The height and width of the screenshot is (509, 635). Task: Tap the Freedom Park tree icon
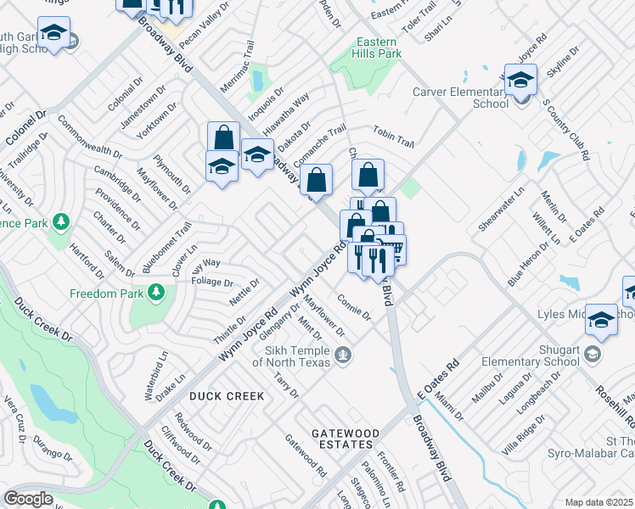tap(156, 294)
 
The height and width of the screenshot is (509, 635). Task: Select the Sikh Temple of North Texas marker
tap(343, 355)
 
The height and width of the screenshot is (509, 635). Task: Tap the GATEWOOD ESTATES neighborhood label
tap(343, 439)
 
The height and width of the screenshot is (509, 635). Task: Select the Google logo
tap(28, 499)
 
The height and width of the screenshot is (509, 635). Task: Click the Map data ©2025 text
tap(598, 502)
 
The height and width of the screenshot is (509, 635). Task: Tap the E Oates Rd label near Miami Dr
tap(438, 379)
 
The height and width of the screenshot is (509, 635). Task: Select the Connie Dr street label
tap(354, 307)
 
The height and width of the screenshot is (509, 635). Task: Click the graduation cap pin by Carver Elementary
tap(520, 81)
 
